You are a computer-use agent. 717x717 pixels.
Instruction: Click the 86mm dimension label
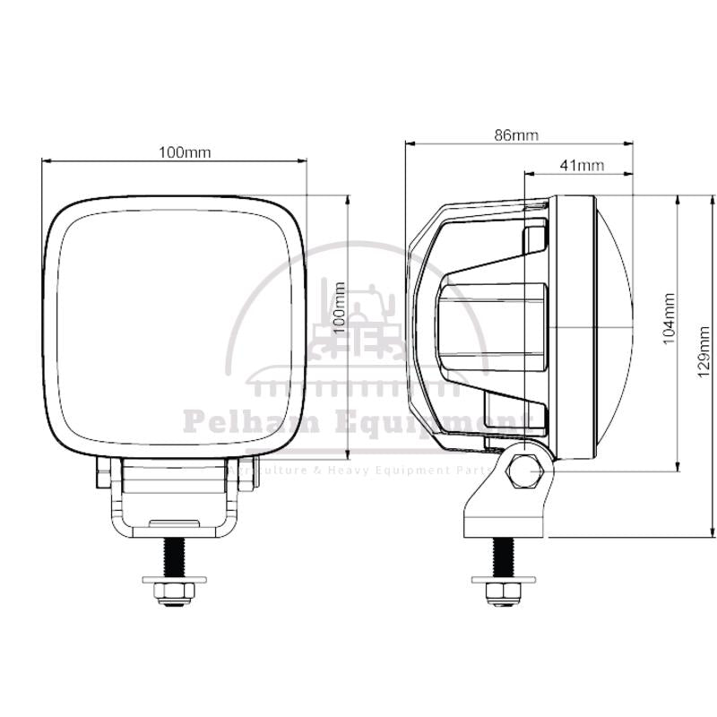(516, 135)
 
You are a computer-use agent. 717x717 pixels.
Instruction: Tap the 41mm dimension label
(582, 165)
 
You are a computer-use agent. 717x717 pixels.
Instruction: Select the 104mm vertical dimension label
(669, 319)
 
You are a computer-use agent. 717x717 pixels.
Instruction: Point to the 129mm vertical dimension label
(704, 352)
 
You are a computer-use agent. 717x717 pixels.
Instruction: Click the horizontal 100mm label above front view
(185, 152)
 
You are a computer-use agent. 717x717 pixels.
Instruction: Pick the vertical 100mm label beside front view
(339, 307)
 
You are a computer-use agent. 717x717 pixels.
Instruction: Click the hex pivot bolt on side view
(524, 471)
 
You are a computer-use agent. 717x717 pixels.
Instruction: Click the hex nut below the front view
(175, 594)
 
